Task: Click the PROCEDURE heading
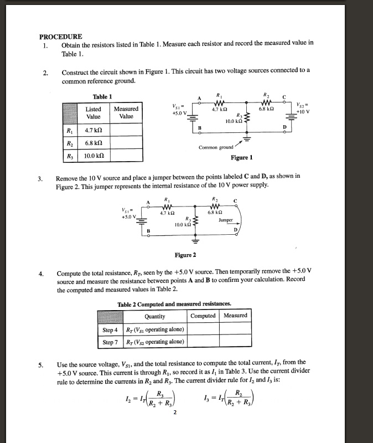coord(61,37)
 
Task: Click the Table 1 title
coord(102,96)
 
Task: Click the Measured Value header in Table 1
coord(126,113)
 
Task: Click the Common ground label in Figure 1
coord(216,147)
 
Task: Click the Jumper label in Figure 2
coord(225,219)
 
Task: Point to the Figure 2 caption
coord(185,255)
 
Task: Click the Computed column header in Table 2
coord(203,316)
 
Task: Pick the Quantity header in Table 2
coord(154,316)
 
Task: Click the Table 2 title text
coord(174,303)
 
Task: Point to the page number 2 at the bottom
coord(174,412)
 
